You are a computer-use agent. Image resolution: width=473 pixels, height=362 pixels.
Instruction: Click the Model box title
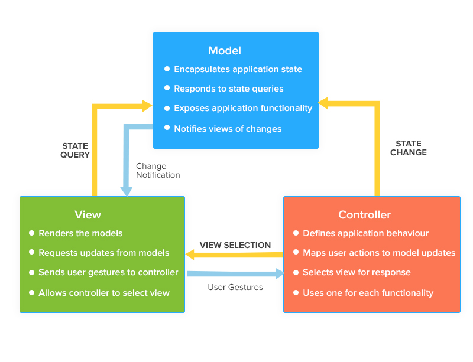coord(225,51)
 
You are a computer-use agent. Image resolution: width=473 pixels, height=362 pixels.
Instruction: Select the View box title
coord(88,214)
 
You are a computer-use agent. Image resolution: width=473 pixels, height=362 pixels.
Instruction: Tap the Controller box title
coord(364,214)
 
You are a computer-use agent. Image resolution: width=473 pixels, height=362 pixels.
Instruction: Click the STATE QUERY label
coord(75,151)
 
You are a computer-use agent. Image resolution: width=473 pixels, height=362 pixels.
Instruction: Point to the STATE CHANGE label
coord(409,148)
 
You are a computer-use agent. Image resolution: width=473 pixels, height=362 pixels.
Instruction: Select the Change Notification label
coord(158,171)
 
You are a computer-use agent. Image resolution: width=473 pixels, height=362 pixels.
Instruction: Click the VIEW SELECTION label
coord(235,245)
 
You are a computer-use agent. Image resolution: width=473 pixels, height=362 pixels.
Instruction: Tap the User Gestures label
coord(235,287)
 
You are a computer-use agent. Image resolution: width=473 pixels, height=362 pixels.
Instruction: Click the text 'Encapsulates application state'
coord(238,69)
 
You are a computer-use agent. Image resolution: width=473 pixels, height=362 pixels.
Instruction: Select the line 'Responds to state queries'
coord(228,89)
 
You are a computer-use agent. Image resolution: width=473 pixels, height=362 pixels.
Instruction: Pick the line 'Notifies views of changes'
coord(228,129)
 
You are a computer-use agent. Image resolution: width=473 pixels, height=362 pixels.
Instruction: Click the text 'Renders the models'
coord(80,233)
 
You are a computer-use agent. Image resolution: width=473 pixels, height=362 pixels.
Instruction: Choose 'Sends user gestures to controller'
coord(108,272)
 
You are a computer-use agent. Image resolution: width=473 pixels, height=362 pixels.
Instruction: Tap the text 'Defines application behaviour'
coord(365,233)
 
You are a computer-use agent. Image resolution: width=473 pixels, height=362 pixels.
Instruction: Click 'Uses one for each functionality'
coord(368,293)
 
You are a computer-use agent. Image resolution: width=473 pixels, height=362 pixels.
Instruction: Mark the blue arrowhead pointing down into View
coord(126,191)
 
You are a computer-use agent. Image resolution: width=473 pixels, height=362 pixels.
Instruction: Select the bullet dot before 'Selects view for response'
coord(296,273)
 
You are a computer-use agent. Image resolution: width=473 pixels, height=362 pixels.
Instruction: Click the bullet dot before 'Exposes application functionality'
coord(167,109)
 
